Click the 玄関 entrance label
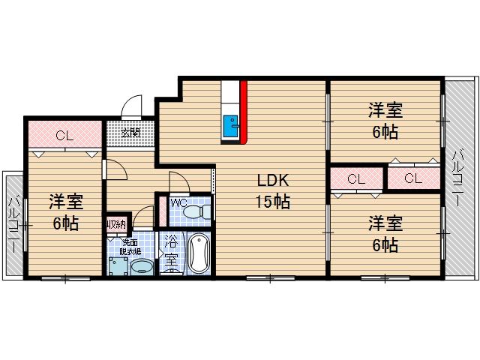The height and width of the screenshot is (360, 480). tap(130, 133)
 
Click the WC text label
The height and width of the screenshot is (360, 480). tap(178, 202)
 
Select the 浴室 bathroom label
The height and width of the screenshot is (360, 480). tap(171, 253)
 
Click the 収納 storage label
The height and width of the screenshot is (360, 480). tap(116, 223)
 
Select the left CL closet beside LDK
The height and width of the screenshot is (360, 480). tap(356, 178)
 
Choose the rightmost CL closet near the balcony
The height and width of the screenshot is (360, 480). tap(412, 178)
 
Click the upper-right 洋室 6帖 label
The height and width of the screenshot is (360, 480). tap(385, 120)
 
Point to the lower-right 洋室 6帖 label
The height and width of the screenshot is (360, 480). tap(385, 233)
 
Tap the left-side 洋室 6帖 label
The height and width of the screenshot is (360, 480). tap(66, 212)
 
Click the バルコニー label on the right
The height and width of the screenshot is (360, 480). tap(457, 178)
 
